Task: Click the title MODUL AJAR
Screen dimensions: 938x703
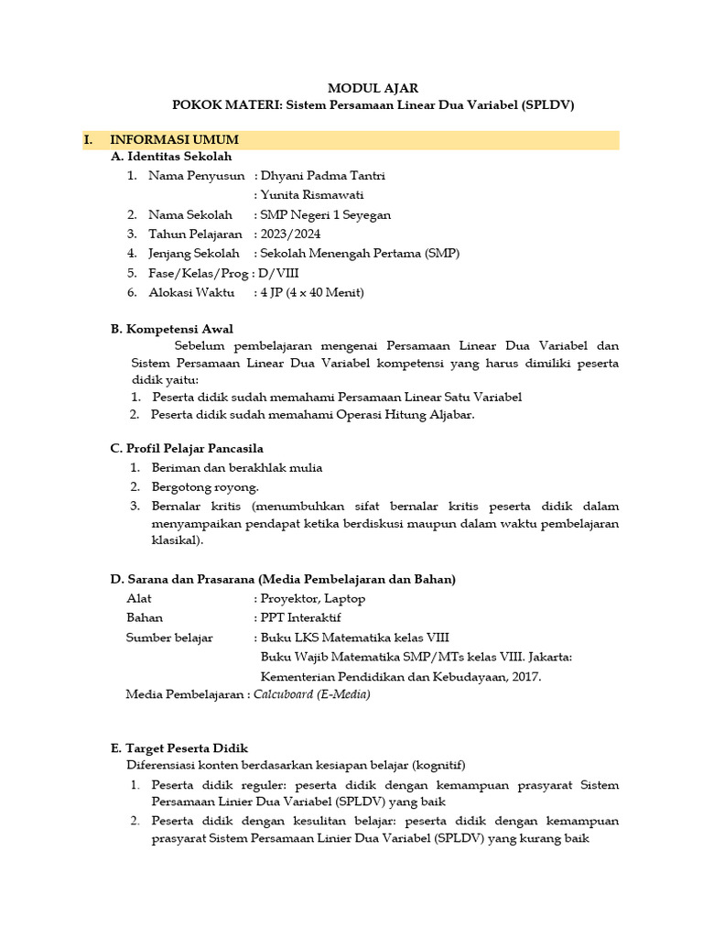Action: coord(373,88)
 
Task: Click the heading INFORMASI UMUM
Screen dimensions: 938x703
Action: coord(174,140)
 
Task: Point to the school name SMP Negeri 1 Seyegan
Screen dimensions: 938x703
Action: coord(326,214)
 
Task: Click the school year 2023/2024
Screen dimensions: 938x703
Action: coord(290,234)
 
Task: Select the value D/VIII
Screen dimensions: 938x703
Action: coord(280,273)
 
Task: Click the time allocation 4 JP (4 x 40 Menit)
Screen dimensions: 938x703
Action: coord(312,292)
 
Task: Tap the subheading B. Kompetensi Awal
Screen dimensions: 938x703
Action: coord(171,328)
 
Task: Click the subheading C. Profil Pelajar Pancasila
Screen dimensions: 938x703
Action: coord(187,448)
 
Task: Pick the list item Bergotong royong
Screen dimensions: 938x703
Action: coord(205,486)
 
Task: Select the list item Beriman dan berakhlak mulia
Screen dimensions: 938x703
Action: coord(237,467)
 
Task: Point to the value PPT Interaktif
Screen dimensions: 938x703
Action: coord(301,617)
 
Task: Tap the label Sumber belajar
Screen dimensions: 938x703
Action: coord(169,637)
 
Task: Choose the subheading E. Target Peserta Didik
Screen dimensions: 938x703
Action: coord(179,747)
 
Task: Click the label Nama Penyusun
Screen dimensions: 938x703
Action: coord(197,176)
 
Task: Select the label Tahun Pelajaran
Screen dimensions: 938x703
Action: coord(196,234)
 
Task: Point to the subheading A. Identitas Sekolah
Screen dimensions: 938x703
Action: coord(171,157)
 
